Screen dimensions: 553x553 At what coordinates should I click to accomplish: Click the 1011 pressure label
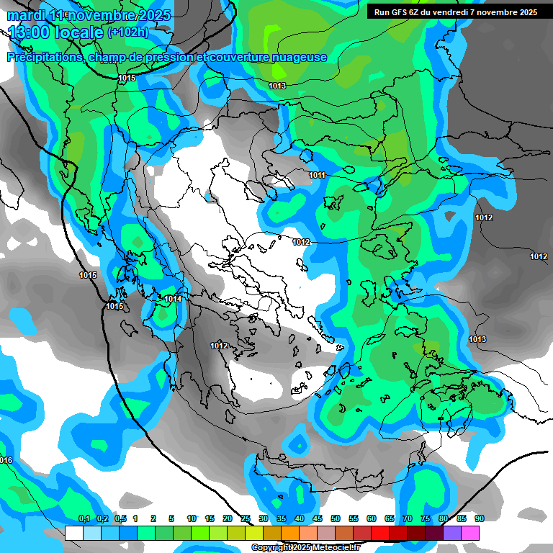coord(318,175)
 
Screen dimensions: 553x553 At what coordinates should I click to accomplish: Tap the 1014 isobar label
coord(173,299)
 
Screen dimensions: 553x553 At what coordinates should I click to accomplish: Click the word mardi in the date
coord(26,15)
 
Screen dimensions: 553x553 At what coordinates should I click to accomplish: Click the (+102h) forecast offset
coord(127,32)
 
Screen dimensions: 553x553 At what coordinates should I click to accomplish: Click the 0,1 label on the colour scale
coord(84,518)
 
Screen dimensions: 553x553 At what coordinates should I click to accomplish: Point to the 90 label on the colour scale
coord(479,518)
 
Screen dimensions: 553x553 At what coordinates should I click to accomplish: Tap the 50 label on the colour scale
coord(336,518)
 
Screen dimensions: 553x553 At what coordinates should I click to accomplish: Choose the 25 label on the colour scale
coord(246,518)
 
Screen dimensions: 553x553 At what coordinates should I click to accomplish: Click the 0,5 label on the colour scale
coord(120,518)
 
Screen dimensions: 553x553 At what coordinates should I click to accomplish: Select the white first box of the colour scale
coord(73,533)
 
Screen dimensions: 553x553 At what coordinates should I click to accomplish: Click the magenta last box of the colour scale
coord(470,533)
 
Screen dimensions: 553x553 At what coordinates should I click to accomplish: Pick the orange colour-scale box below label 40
coord(290,533)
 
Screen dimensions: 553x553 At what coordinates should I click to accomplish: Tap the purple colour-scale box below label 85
coord(452,533)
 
